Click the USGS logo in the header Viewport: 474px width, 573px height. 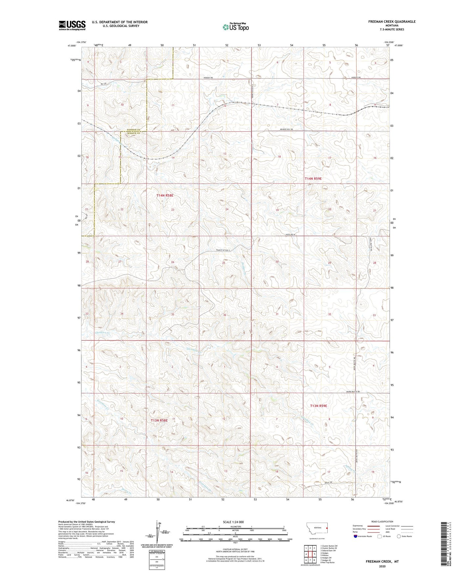72,25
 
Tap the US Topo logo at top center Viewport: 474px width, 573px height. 235,27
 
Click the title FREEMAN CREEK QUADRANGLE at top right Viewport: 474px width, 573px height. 392,22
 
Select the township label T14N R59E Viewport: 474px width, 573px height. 313,179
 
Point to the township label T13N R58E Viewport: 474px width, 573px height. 159,420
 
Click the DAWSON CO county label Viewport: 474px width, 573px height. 134,130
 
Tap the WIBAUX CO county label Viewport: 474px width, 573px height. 134,133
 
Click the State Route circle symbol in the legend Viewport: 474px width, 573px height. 399,536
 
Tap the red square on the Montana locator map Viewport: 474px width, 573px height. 327,528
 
